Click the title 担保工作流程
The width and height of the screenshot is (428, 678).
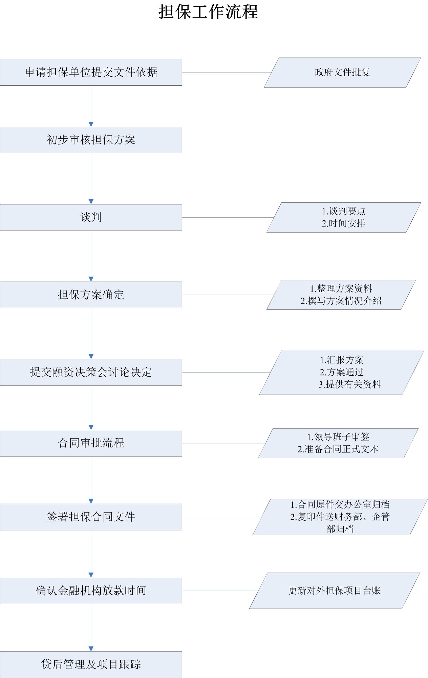click(208, 12)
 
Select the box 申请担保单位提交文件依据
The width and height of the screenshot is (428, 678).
click(91, 72)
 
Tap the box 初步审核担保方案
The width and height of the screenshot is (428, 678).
click(91, 140)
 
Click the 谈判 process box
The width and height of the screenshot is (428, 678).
click(91, 217)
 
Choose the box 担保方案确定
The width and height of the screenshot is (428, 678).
click(91, 295)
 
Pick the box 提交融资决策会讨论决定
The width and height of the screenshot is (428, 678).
click(91, 372)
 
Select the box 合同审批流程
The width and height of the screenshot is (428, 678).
click(91, 443)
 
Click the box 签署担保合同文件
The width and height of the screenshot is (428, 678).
click(91, 517)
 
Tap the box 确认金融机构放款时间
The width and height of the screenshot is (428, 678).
click(91, 591)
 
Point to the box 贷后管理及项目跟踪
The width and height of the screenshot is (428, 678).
click(91, 664)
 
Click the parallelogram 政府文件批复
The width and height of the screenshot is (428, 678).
click(342, 73)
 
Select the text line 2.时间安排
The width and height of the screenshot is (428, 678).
click(343, 223)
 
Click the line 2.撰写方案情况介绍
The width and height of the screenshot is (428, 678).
click(341, 301)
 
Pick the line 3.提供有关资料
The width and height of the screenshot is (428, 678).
click(349, 384)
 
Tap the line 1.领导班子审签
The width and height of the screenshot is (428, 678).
click(338, 437)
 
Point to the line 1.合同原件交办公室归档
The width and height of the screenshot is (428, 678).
click(340, 505)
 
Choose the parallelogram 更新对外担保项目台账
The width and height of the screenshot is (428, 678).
click(335, 591)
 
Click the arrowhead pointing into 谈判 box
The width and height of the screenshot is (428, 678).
click(91, 202)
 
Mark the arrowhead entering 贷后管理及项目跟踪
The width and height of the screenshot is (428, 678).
click(91, 649)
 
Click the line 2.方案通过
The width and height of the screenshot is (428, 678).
click(341, 372)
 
